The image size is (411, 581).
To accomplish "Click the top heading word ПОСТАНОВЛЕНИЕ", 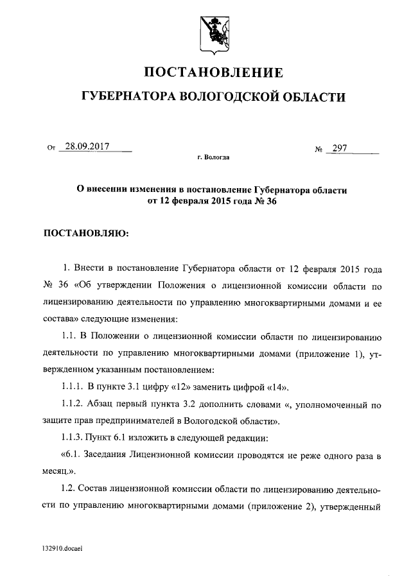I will pos(212,71).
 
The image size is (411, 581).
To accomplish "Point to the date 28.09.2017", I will pos(87,146).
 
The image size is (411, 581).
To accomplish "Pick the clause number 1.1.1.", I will pos(73,387).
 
